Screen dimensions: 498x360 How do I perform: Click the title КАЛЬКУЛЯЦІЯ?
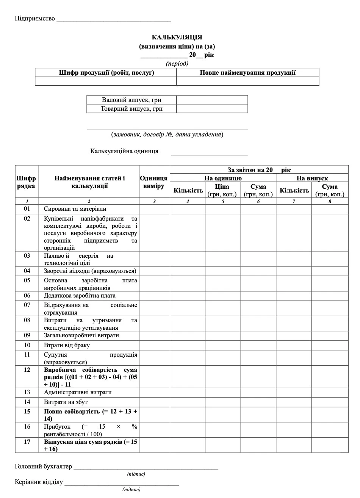pos(177,37)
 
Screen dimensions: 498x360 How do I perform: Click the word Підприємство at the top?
pos(35,19)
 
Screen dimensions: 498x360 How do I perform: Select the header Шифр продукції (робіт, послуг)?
pos(106,72)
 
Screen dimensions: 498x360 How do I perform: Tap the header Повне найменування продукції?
pos(247,72)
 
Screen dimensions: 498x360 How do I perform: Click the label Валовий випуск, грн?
pos(131,100)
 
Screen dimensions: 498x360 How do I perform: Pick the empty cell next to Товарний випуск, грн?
pos(212,109)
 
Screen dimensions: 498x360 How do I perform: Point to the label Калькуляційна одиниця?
pos(124,151)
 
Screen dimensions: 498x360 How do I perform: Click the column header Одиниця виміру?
pos(154,182)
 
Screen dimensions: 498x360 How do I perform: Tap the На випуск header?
pos(312,178)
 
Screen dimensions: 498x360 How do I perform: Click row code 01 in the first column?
pos(27,209)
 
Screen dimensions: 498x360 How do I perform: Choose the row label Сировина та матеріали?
pos(75,209)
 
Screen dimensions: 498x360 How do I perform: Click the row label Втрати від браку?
pos(67,345)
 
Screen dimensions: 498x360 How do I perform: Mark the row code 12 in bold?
pos(27,370)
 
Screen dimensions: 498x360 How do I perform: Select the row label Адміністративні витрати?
pos(78,392)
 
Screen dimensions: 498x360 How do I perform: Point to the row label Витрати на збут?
pos(66,402)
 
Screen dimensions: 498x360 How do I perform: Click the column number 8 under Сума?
pos(330,201)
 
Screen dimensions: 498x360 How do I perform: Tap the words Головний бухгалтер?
pos(43,467)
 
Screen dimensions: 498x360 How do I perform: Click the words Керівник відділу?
pos(39,482)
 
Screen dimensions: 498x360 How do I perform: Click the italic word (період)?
pos(177,63)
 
